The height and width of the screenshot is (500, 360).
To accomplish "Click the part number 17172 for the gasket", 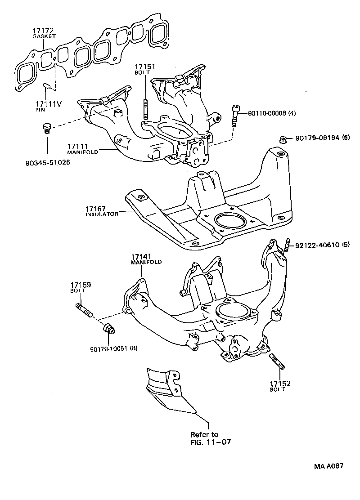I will click(x=41, y=31).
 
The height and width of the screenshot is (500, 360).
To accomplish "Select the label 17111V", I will click(x=49, y=104).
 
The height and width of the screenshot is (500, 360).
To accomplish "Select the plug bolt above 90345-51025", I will click(x=45, y=129).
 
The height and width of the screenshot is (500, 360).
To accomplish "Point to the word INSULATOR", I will click(x=102, y=214).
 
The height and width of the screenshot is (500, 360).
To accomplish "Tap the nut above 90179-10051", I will click(x=109, y=329).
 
